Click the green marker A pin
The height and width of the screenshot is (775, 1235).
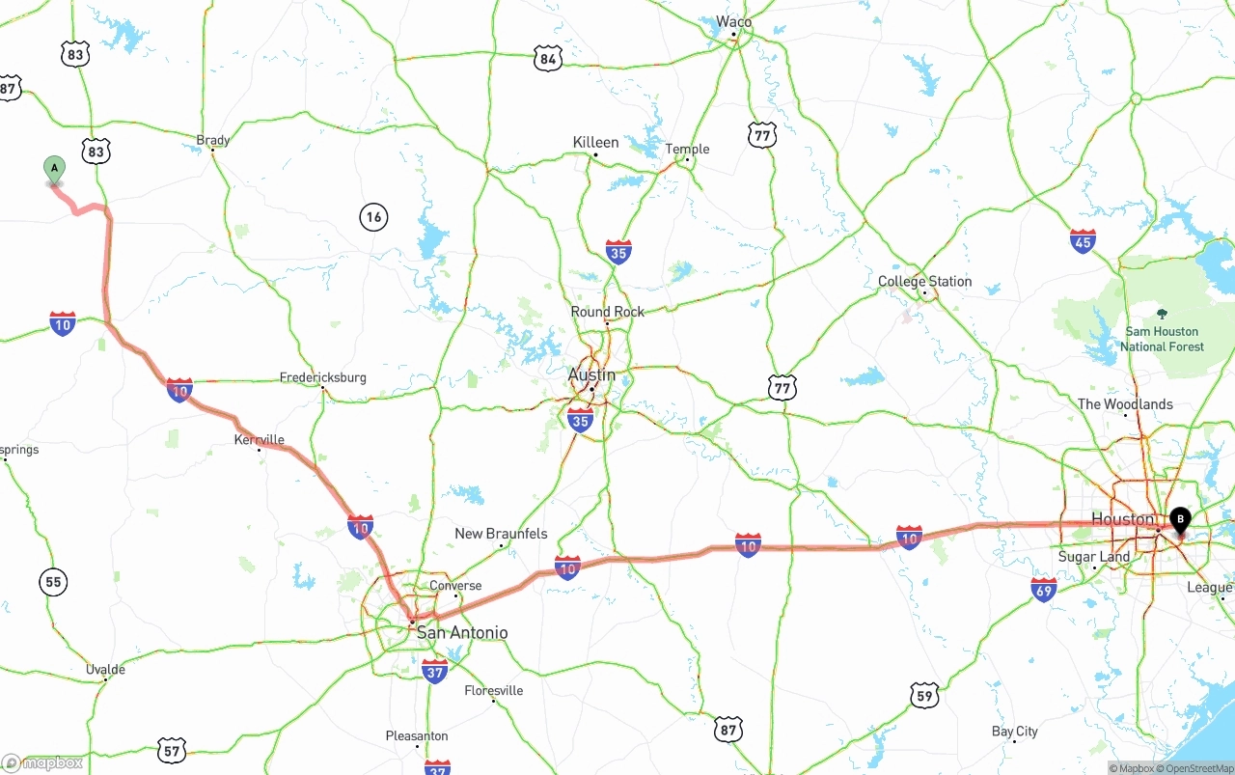pos(55,169)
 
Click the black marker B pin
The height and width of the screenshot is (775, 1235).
pos(1179,520)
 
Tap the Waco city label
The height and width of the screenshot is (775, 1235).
pos(733,21)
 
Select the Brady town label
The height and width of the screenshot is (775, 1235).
pos(213,140)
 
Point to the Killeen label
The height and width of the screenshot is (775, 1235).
pos(595,142)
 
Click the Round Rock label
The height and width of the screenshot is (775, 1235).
pos(607,312)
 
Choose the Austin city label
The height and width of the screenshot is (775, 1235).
pos(591,374)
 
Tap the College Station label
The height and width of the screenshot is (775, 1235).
pos(924,282)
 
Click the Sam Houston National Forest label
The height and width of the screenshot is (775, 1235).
pos(1162,339)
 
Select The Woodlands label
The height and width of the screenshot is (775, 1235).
pos(1125,404)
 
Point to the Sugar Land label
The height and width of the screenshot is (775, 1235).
pos(1093,557)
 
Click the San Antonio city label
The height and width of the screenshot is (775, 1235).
pos(461,633)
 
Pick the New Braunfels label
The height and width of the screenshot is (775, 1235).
pos(501,534)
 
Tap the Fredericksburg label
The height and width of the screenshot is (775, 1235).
pos(323,377)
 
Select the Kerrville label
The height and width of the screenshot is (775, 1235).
pos(260,440)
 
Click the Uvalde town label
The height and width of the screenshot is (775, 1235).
pos(105,669)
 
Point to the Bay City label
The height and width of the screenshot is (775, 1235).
pos(1015,732)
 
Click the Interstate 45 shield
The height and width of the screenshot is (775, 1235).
pos(1083,241)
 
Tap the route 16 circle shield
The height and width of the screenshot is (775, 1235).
pos(373,217)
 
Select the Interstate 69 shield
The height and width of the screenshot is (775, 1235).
pos(1044,590)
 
